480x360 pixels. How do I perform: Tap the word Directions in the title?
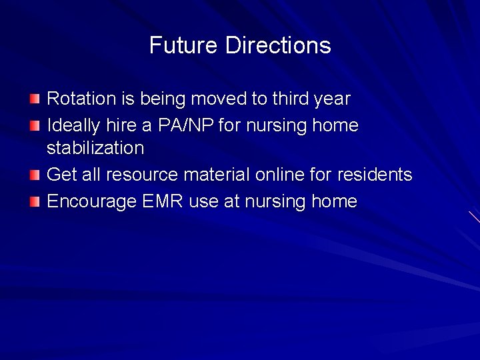click(x=278, y=45)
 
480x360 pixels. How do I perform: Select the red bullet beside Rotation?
click(x=35, y=99)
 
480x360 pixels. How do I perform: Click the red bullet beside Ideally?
click(x=35, y=125)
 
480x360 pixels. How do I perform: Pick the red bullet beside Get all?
click(x=35, y=175)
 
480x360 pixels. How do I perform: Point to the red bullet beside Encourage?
click(x=35, y=201)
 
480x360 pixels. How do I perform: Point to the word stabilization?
click(x=95, y=148)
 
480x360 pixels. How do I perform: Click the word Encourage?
click(x=91, y=202)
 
